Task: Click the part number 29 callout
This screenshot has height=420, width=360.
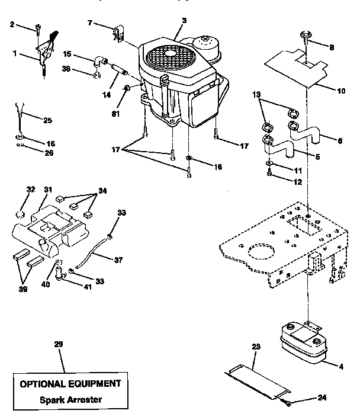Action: [x=57, y=344]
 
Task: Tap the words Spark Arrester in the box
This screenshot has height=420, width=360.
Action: [x=71, y=399]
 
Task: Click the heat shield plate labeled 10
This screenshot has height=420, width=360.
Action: [x=296, y=66]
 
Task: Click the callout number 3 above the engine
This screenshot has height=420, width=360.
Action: [x=184, y=21]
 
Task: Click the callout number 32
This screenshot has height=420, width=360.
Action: [x=31, y=190]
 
